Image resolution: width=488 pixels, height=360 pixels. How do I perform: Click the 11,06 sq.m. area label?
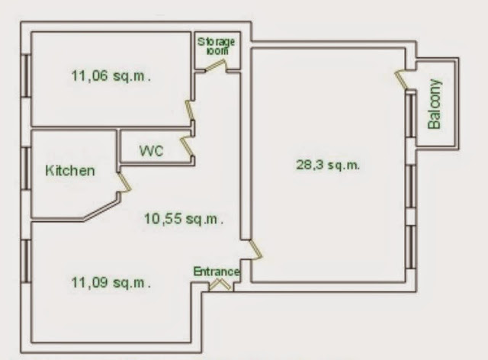pos(111,76)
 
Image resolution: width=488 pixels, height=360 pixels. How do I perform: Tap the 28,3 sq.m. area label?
pos(328,165)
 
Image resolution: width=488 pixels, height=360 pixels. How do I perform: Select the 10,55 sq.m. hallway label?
pos(184,219)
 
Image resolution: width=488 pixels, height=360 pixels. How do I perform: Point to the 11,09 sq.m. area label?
pos(111,283)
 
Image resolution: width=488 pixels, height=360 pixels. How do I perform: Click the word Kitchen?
pos(70,171)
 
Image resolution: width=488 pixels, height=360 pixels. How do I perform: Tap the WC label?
pos(151,151)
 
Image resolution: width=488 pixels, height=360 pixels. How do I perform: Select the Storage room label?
pos(217,46)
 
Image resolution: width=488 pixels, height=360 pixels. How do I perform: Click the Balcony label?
pos(435,104)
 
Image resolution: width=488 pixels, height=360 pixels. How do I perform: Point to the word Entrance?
pos(217,272)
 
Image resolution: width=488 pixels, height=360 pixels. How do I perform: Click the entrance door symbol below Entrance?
pos(220,284)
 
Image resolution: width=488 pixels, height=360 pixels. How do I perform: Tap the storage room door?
pos(215,66)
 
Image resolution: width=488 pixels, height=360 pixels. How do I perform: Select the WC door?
pos(188,146)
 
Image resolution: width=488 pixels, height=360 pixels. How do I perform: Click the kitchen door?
pos(124,182)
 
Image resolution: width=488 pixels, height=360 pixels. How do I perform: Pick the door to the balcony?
pos(401,80)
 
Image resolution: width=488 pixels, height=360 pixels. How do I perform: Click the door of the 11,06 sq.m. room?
pos(190,111)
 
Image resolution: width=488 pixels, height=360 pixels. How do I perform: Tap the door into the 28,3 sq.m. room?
pos(256,249)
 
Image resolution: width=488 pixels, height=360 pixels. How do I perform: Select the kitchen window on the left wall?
pos(26,168)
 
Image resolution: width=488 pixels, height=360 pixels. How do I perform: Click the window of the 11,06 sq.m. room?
pos(26,76)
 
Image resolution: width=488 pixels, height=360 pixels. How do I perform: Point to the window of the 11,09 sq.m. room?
pos(26,262)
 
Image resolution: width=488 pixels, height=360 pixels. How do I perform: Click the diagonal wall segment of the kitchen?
pos(101,210)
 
